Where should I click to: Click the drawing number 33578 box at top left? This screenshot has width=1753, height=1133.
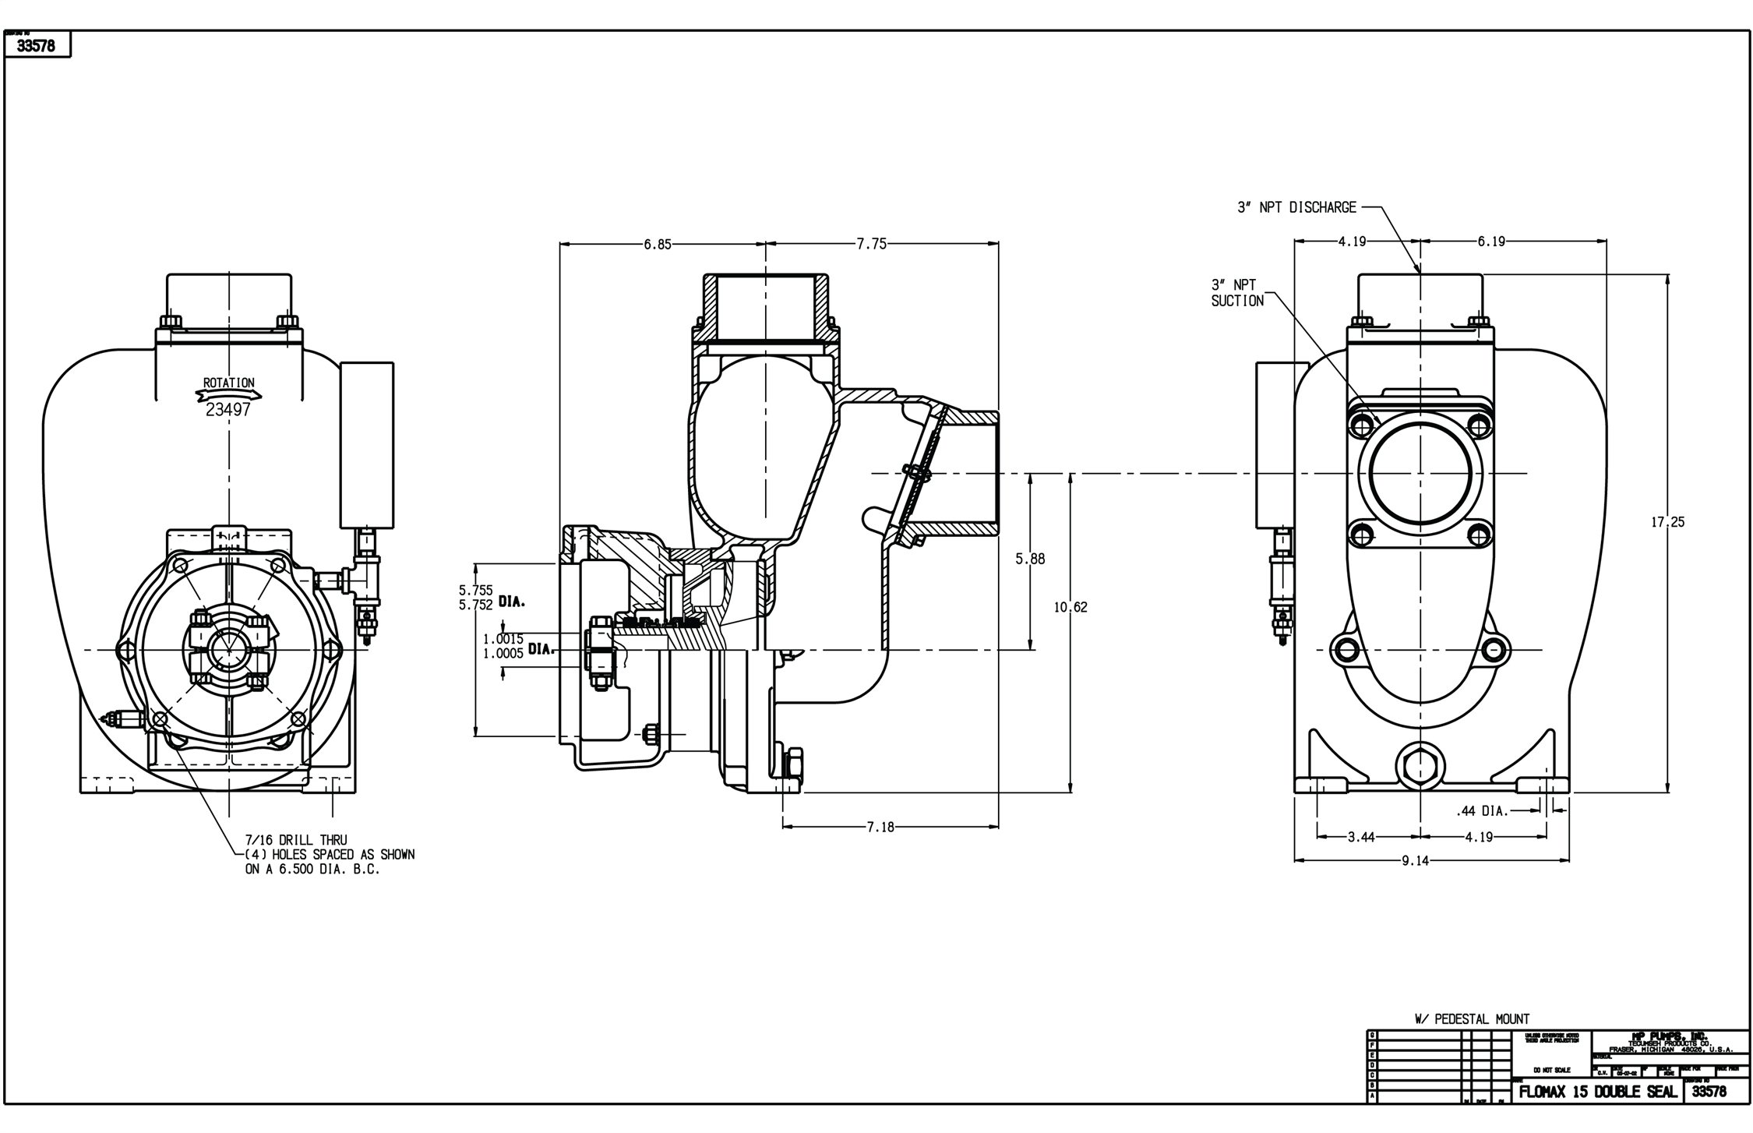tap(37, 46)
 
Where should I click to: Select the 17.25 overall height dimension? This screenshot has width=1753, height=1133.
tap(1667, 522)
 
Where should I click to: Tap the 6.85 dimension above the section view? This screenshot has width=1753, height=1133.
tap(657, 244)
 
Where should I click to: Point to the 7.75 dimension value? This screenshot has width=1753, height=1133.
tap(872, 244)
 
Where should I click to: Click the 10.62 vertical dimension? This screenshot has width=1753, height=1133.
tap(1070, 607)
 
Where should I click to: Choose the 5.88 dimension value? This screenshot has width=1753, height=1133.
tap(1030, 559)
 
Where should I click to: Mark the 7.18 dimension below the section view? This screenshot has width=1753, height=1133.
tap(880, 827)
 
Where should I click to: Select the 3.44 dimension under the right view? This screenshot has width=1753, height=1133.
tap(1361, 837)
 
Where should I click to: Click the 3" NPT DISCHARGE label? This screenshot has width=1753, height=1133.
tap(1296, 208)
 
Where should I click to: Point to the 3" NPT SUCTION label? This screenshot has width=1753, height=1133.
tap(1237, 293)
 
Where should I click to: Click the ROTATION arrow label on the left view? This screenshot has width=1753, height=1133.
tap(228, 383)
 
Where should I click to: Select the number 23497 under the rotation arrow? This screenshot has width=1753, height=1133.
tap(228, 410)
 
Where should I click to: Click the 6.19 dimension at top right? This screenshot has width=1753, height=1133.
tap(1491, 242)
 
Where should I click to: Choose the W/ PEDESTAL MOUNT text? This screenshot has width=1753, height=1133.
tap(1472, 1018)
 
